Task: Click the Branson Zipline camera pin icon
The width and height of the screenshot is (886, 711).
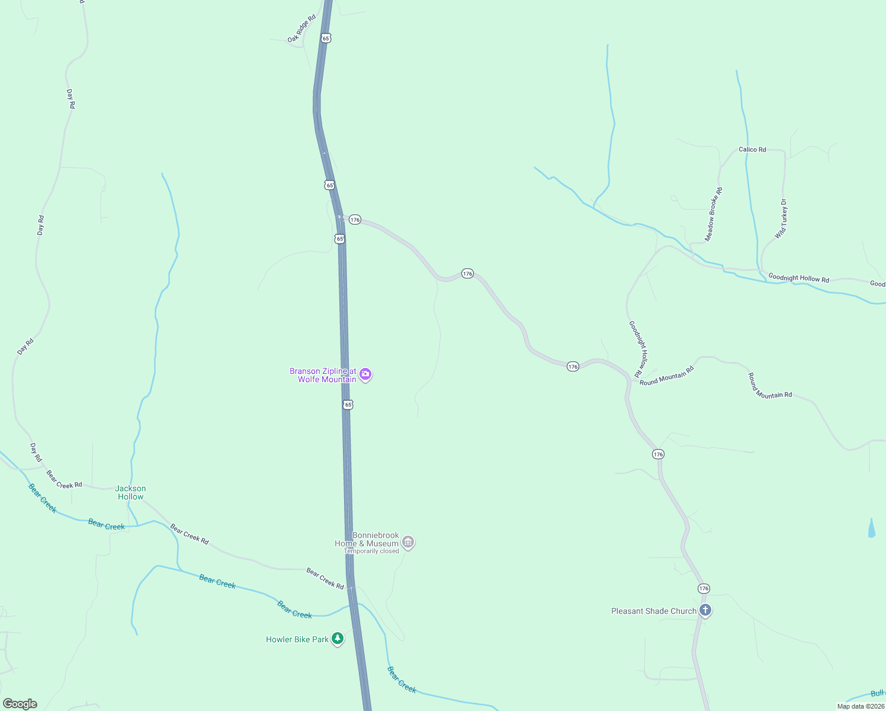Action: pos(365,374)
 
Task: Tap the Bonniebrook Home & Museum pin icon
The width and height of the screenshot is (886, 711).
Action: pos(407,542)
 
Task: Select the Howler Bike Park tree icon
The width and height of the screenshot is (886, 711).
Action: pos(338,639)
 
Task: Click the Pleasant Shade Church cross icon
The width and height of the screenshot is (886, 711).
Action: pos(705,610)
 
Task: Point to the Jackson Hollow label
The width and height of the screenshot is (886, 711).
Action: pos(130,493)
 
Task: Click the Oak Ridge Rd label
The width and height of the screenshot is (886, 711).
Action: pos(302,29)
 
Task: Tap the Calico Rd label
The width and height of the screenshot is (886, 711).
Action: pos(752,149)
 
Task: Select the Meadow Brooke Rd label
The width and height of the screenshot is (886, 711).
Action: pos(714,214)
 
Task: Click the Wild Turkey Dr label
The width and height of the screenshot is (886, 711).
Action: pos(782,219)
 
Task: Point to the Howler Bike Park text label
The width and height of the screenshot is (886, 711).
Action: pos(297,639)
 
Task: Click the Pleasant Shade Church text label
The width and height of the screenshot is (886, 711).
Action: pos(654,611)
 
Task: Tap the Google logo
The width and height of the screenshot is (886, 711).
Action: pos(20,704)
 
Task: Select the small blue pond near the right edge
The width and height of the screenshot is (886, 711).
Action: pos(871,529)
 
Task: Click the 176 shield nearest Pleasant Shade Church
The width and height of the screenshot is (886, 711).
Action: pos(704,588)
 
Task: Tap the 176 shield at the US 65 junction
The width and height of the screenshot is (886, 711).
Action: pos(355,220)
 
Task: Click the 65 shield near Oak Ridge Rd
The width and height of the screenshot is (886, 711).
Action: pos(326,38)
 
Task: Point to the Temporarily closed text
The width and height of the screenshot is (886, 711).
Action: pos(371,551)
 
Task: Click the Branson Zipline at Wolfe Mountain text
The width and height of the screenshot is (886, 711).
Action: pos(323,375)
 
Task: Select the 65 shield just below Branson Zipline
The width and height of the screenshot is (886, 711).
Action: pos(348,405)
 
